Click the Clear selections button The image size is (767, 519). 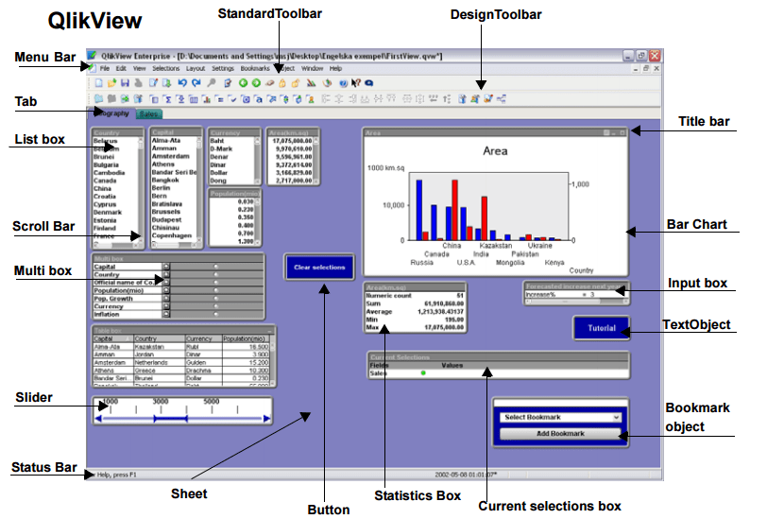(318, 268)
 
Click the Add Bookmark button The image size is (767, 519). (560, 433)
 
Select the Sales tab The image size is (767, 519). (147, 113)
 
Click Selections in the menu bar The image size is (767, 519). (165, 69)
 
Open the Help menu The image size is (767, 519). (335, 69)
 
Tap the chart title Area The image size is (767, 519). (495, 150)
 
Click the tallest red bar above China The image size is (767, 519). (456, 208)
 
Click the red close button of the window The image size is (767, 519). (655, 57)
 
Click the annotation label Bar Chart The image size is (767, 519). (696, 224)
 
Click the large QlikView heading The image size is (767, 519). (95, 20)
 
